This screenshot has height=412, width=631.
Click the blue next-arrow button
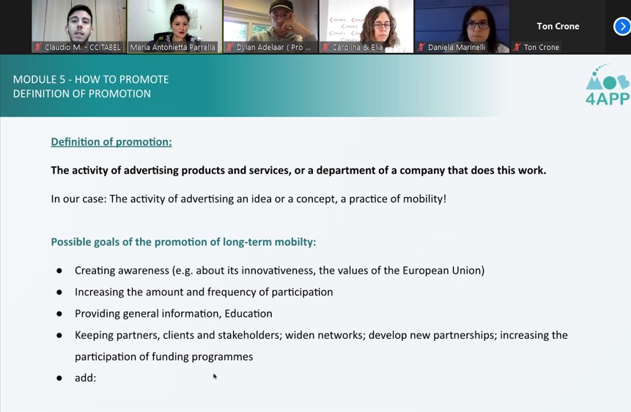(x=622, y=26)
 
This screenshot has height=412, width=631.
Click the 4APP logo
(x=608, y=84)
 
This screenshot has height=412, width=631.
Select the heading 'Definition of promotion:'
(x=111, y=141)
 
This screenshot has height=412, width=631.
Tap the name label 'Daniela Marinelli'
(x=457, y=47)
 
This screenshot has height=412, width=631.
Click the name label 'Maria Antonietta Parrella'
(x=172, y=47)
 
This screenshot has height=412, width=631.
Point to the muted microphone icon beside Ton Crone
(x=517, y=47)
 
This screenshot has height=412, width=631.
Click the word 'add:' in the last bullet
(x=85, y=378)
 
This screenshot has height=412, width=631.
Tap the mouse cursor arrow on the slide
(x=215, y=376)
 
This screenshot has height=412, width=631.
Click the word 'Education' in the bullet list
(x=248, y=313)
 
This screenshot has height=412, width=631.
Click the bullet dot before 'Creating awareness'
(x=59, y=271)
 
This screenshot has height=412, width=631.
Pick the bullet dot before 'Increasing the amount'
(x=59, y=293)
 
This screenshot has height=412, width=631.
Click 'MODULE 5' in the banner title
(x=39, y=79)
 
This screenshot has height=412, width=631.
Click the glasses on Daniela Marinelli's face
(x=477, y=25)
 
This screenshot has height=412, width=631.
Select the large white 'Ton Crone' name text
(x=558, y=26)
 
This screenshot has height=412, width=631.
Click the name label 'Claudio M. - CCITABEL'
(x=83, y=47)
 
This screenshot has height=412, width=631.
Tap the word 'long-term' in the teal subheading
(x=247, y=242)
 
